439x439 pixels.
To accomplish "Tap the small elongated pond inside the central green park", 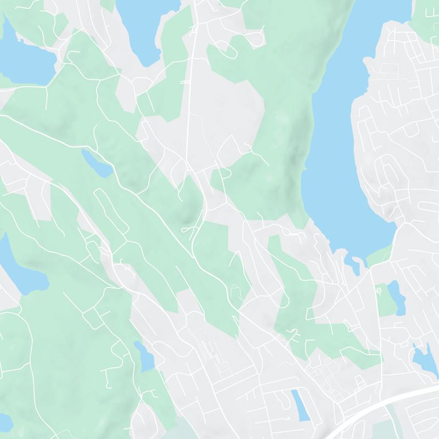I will click(x=95, y=164).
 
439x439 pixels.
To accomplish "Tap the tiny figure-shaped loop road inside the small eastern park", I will click(x=378, y=288).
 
